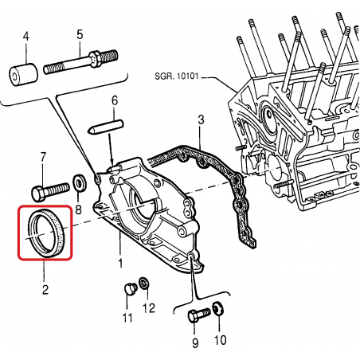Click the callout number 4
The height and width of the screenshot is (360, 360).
tap(25, 36)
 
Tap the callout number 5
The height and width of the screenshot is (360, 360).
tap(80, 34)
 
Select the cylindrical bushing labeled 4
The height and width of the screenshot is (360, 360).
tap(23, 75)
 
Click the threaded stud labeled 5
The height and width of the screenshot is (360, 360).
tap(80, 62)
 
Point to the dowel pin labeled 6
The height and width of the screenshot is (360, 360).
tap(105, 127)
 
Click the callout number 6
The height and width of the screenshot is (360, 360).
tap(115, 100)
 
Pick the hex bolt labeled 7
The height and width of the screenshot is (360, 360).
tap(50, 190)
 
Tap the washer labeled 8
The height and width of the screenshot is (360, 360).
tap(80, 182)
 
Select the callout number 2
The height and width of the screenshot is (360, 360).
tap(45, 289)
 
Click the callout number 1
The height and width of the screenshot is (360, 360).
tap(120, 263)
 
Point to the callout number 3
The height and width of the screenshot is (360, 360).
tap(201, 119)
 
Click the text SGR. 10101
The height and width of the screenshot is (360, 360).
tap(177, 76)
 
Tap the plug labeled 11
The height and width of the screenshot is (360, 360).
tap(130, 289)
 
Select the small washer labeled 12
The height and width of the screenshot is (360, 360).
tap(143, 284)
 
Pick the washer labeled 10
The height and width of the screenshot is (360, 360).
tap(218, 309)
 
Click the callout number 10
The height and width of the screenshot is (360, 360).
tap(220, 340)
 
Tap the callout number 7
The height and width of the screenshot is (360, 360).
tap(43, 157)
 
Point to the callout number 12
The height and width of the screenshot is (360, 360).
tap(149, 308)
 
